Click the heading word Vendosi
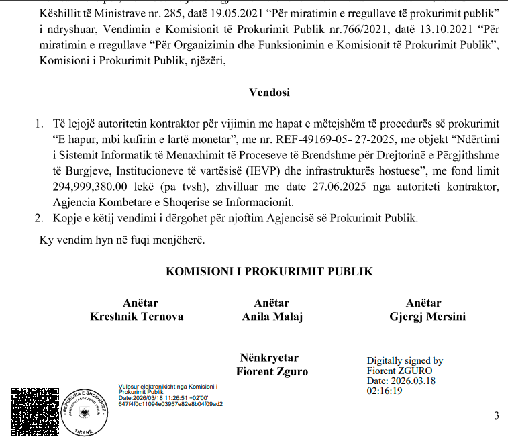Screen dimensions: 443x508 pyautogui.click(x=269, y=93)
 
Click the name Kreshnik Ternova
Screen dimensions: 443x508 pyautogui.click(x=136, y=317)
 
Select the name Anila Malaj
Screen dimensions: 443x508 pyautogui.click(x=272, y=317)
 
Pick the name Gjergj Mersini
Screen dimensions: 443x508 pyautogui.click(x=427, y=317)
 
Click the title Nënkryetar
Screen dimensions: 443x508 pyautogui.click(x=269, y=358)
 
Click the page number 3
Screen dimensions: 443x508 pyautogui.click(x=496, y=415)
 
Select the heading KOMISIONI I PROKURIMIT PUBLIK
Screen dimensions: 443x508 pyautogui.click(x=269, y=272)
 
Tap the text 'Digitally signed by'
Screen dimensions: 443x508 pyautogui.click(x=405, y=361)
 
